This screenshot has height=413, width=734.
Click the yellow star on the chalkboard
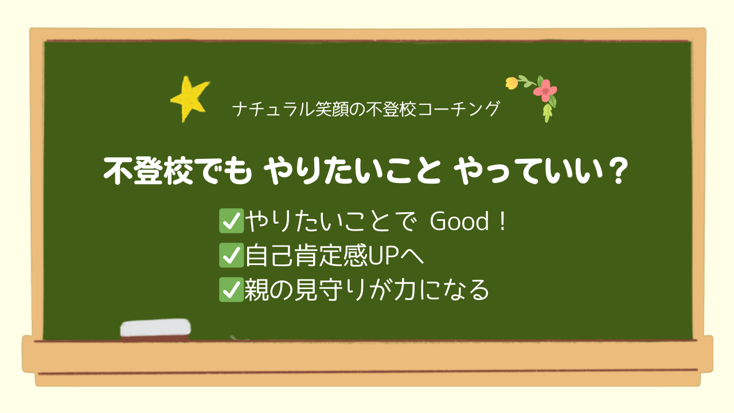click(189, 98)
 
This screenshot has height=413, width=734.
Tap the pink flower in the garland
click(545, 90)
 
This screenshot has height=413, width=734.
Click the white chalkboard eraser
click(155, 330)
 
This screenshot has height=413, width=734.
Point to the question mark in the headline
click(618, 170)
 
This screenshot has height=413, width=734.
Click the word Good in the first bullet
click(459, 221)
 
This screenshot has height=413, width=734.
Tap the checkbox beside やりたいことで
click(231, 221)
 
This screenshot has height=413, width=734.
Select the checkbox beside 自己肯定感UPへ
click(231, 255)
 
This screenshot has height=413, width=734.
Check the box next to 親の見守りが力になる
click(231, 290)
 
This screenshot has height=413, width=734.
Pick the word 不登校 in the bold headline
click(148, 171)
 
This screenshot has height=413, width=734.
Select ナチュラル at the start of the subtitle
click(274, 109)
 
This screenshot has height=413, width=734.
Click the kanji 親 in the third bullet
click(256, 290)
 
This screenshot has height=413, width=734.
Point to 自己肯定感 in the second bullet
click(306, 256)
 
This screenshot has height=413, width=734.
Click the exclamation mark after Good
click(502, 221)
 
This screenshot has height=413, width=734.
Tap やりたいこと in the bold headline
click(352, 171)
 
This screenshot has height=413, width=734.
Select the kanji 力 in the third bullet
click(405, 290)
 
